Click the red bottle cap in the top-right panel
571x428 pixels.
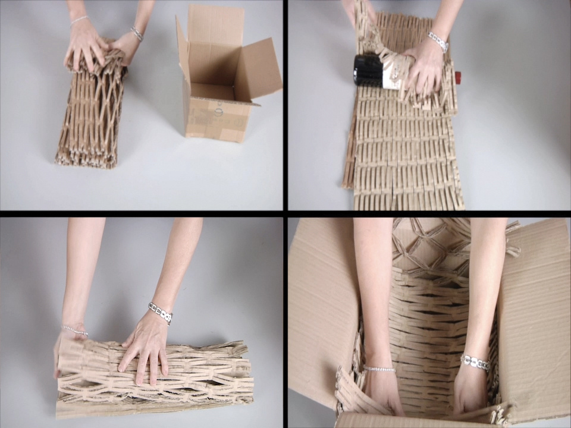click(458, 77)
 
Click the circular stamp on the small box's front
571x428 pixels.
click(218, 111)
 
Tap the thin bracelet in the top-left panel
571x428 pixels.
click(79, 20)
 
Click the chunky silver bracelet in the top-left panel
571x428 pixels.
click(137, 33)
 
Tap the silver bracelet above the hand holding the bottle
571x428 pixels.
click(438, 42)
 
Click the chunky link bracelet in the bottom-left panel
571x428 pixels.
click(160, 313)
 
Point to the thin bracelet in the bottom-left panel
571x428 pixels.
click(76, 330)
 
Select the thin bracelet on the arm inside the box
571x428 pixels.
click(379, 369)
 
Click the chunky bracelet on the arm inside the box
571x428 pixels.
click(475, 362)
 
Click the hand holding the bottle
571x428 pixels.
click(423, 69)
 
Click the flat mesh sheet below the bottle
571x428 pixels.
click(404, 155)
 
